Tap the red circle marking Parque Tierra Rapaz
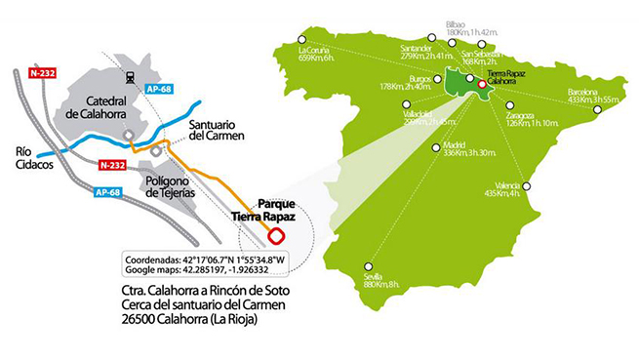(x=276, y=235)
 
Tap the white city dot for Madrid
(x=435, y=148)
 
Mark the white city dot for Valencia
(x=528, y=186)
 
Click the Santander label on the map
(x=401, y=50)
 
